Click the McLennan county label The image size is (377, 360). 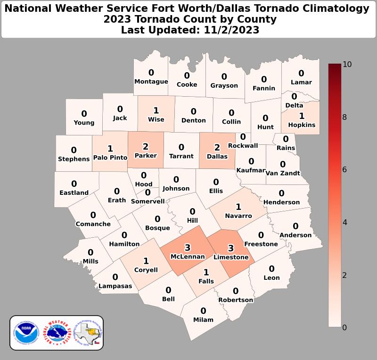click(x=188, y=257)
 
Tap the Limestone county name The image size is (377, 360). click(x=231, y=257)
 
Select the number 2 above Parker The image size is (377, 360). click(x=146, y=147)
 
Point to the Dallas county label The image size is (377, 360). click(x=217, y=156)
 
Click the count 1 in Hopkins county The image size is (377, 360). click(x=302, y=116)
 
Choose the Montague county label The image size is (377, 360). click(x=151, y=82)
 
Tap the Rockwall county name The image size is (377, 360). click(x=243, y=145)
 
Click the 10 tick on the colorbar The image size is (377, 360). click(x=347, y=64)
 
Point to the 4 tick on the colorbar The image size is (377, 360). click(x=344, y=222)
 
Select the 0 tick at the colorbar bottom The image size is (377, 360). click(x=344, y=327)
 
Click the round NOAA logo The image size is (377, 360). click(x=25, y=333)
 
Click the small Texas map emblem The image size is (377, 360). click(x=90, y=333)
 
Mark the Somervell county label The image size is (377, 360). click(x=148, y=201)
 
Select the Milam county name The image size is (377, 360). click(x=203, y=319)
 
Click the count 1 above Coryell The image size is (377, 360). click(x=146, y=261)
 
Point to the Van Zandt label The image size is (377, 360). click(x=283, y=173)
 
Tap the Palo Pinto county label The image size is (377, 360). click(x=110, y=158)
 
